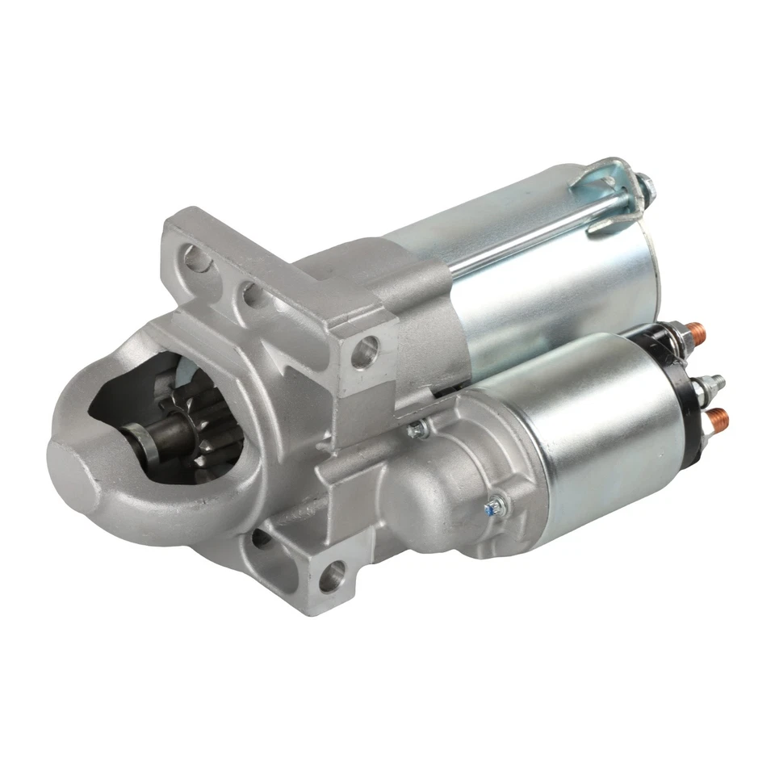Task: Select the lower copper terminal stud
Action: click(x=717, y=418)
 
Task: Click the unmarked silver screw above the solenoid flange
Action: click(x=417, y=429)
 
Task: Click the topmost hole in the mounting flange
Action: click(x=195, y=259)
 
